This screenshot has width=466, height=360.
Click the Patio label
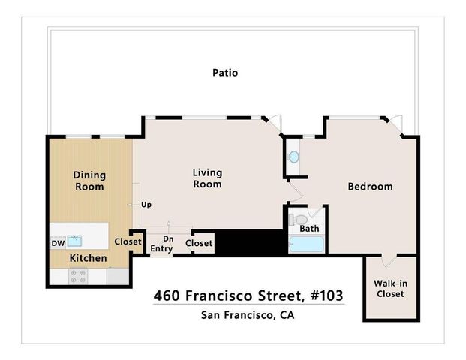click(x=224, y=73)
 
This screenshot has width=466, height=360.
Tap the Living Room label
click(x=207, y=178)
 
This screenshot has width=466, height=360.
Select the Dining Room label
click(x=89, y=181)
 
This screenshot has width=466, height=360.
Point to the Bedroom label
click(x=370, y=187)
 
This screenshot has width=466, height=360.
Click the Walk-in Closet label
click(x=389, y=288)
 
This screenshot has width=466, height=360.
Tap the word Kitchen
click(x=88, y=258)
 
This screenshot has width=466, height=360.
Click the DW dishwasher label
click(x=58, y=243)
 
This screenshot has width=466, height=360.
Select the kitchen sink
click(x=74, y=241)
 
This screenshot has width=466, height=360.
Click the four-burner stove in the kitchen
click(x=78, y=276)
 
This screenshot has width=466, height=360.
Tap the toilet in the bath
click(x=294, y=221)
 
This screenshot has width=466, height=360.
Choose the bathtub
click(x=306, y=244)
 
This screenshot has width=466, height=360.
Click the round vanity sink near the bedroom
click(x=294, y=157)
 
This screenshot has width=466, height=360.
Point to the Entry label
click(x=161, y=248)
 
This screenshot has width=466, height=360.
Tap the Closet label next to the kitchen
click(x=128, y=241)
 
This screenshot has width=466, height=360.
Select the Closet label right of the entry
click(x=199, y=243)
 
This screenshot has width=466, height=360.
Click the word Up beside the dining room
click(x=146, y=204)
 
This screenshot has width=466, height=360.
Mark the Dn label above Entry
click(x=169, y=238)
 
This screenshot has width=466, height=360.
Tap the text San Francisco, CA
click(x=248, y=314)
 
